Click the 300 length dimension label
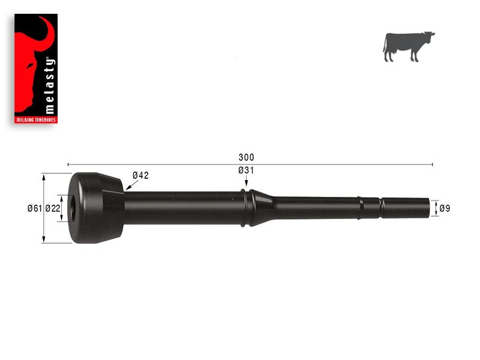(x=246, y=158)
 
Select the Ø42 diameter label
(x=140, y=175)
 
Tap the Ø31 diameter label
(x=246, y=170)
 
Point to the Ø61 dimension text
(x=34, y=209)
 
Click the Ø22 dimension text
(x=52, y=209)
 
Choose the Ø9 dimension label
(x=445, y=209)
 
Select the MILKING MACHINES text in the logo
(x=36, y=120)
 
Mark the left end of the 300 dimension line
(x=68, y=164)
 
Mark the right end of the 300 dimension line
(x=432, y=164)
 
